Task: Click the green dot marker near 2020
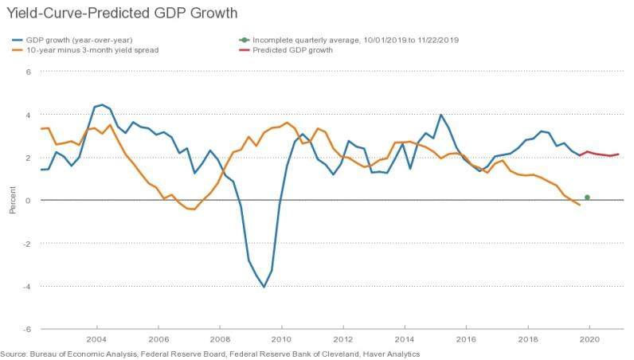pyautogui.click(x=587, y=197)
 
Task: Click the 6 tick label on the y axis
pyautogui.click(x=28, y=72)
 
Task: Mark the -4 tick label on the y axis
pyautogui.click(x=26, y=286)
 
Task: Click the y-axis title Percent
pyautogui.click(x=12, y=200)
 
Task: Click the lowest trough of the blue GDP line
pyautogui.click(x=264, y=287)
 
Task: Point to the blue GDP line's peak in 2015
pyautogui.click(x=440, y=115)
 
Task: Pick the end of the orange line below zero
pyautogui.click(x=579, y=205)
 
